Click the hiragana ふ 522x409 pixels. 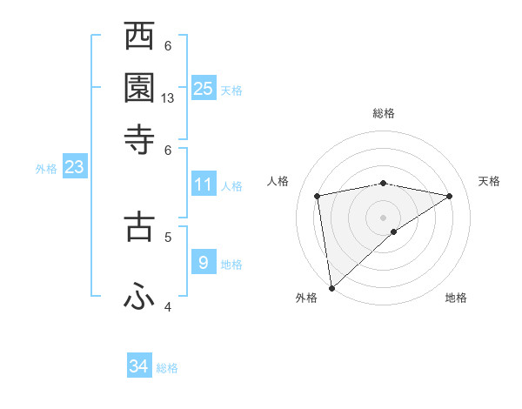139,296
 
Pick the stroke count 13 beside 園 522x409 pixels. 168,98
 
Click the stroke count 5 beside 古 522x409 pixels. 168,235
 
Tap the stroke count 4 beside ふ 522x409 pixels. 168,307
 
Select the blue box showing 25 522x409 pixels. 204,88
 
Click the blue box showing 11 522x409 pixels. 204,184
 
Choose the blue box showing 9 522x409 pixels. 204,262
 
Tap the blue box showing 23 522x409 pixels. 74,167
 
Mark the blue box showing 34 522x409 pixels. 139,366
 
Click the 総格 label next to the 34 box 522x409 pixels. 167,368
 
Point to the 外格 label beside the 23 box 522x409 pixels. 46,169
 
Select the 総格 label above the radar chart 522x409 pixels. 384,113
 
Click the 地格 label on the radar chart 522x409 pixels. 456,298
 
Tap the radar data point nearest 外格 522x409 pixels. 331,287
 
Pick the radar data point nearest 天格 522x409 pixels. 450,196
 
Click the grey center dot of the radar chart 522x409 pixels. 384,217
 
